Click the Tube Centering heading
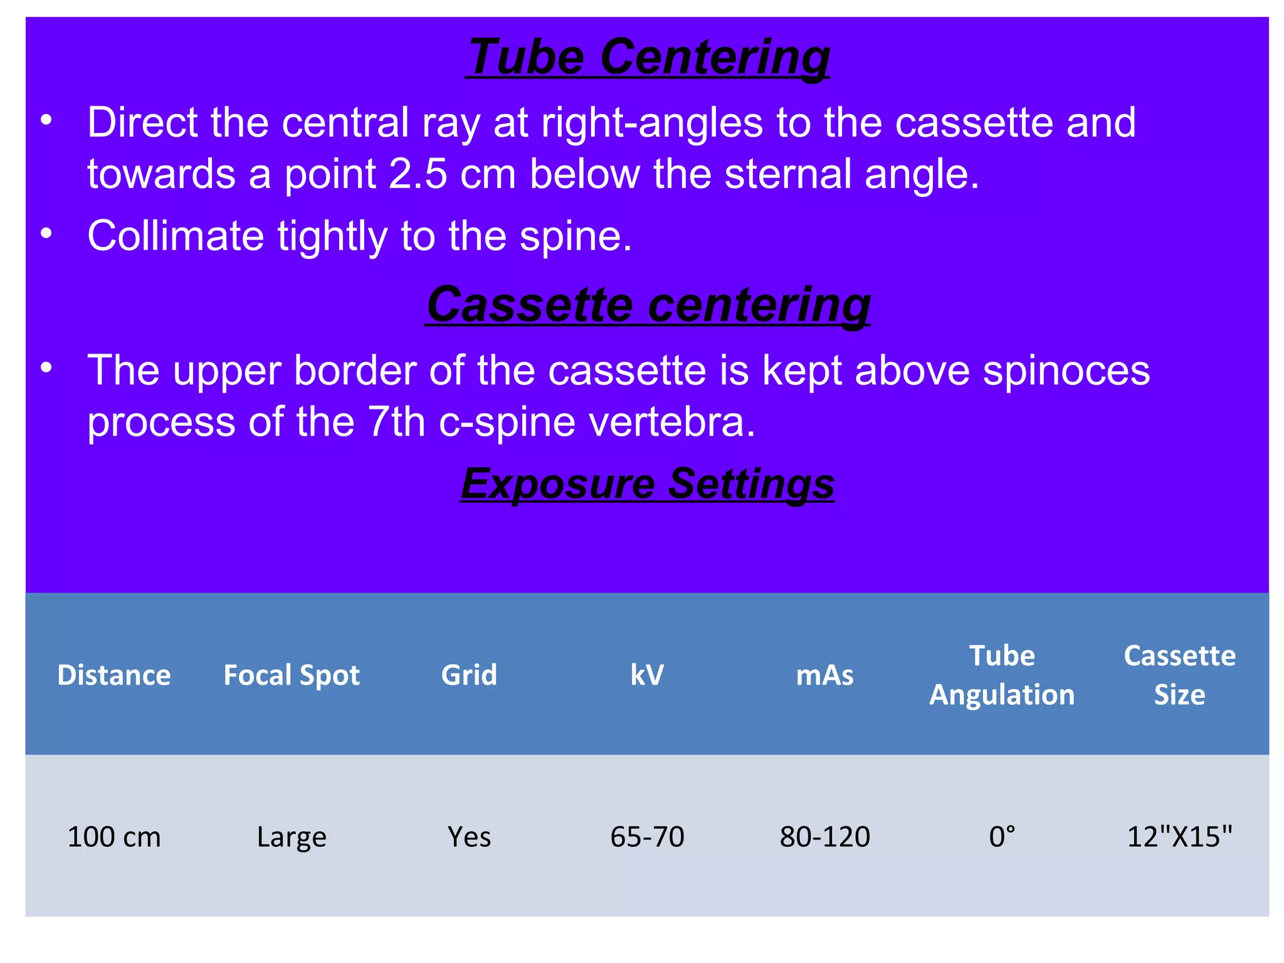[x=648, y=57]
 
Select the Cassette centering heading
[x=648, y=305]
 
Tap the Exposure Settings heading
[x=648, y=483]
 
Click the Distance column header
[x=114, y=675]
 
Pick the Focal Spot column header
[x=292, y=675]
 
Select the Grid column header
[x=469, y=675]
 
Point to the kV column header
[x=647, y=675]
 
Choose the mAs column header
[x=824, y=675]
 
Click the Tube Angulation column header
[x=1002, y=675]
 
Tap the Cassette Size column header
[x=1179, y=675]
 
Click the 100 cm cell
[x=114, y=837]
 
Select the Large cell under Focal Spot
[x=292, y=837]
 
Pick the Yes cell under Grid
[x=469, y=837]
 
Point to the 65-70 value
[x=647, y=837]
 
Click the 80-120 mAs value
[x=824, y=837]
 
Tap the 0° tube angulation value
[x=1002, y=837]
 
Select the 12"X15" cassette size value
[x=1179, y=837]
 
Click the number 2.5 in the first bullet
[x=418, y=174]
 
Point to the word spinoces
[x=1066, y=371]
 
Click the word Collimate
[x=176, y=236]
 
